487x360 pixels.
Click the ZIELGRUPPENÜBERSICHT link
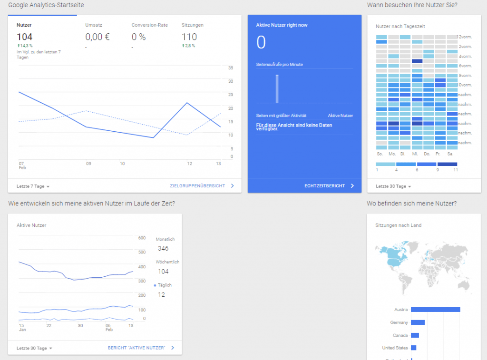coord(197,186)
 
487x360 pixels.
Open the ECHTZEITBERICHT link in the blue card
coord(325,186)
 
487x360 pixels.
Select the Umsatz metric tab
coord(94,25)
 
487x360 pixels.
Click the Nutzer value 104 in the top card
coord(24,37)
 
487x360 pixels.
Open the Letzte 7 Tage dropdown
coord(33,186)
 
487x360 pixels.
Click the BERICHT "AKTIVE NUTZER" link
coord(136,348)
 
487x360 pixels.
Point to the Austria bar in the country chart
coord(435,310)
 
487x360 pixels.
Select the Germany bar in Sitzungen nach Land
coord(418,322)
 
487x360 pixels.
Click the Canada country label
coord(400,335)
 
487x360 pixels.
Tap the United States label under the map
coord(395,348)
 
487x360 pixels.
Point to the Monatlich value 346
coord(163,248)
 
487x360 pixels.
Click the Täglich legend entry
coord(164,285)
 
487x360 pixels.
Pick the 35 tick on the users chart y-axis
coord(231,68)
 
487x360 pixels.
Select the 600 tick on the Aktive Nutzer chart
coord(142,238)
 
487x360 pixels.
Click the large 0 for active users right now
coord(261,43)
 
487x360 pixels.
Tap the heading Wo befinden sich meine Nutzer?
coord(412,204)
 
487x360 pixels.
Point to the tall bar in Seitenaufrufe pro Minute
coord(277,89)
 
